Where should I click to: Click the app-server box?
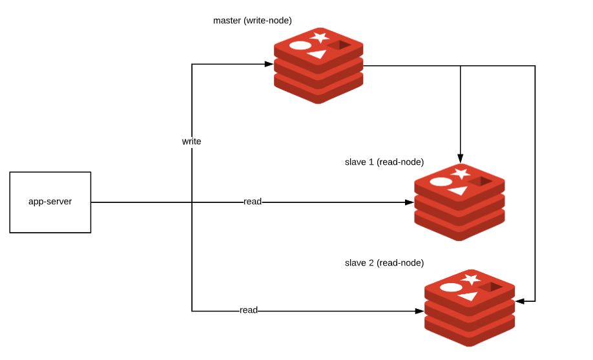point(50,202)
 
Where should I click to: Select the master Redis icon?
point(318,67)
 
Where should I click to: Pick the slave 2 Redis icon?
point(470,308)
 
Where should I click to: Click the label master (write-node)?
point(257,21)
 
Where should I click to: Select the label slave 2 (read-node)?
point(384,262)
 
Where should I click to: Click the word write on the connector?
point(191,141)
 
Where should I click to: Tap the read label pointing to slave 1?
point(253,202)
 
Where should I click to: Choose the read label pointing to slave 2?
point(249,310)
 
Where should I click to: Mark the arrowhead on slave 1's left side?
point(409,202)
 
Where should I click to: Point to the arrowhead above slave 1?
point(460,157)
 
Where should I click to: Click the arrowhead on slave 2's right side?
point(520,301)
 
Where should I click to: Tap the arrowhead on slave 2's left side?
point(419,311)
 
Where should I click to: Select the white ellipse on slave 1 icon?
point(441,182)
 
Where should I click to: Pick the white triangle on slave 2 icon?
point(467,296)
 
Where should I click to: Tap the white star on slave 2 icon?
point(471,279)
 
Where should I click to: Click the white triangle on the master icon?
point(317,54)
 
